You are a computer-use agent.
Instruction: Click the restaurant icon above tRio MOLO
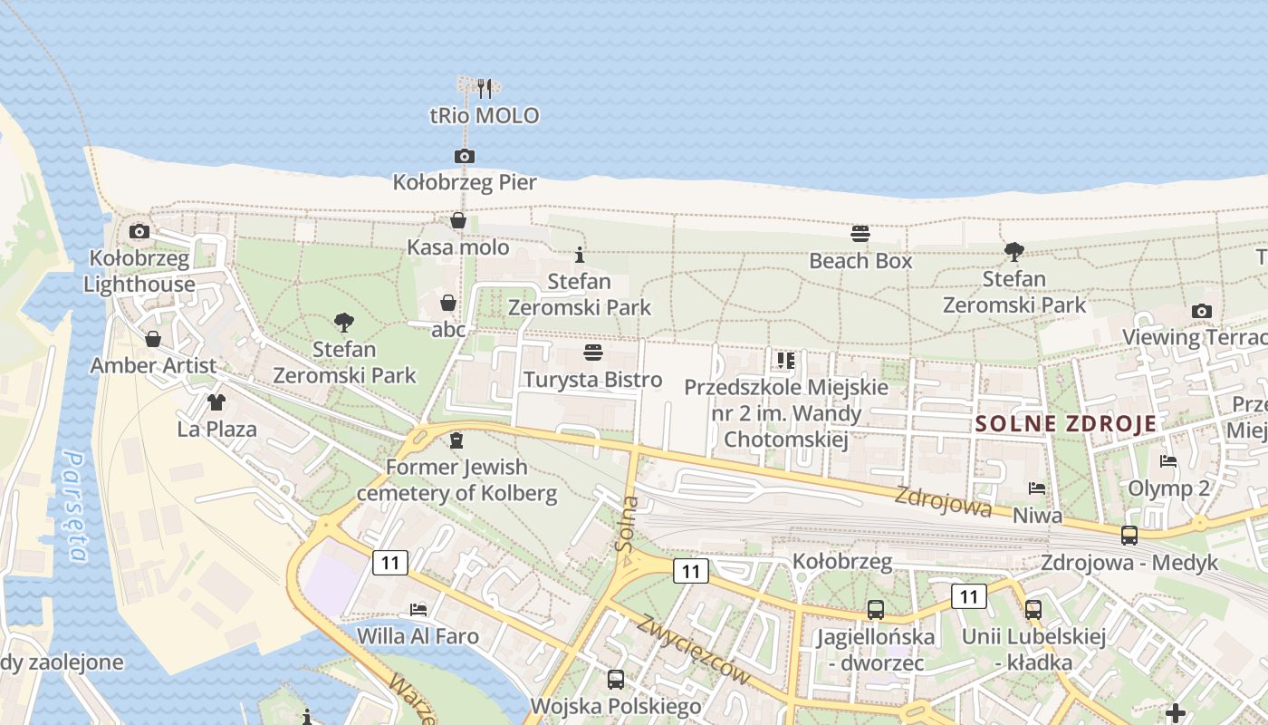point(485,89)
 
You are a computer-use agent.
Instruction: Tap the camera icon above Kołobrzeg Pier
point(464,156)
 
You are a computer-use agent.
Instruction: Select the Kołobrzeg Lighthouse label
point(139,271)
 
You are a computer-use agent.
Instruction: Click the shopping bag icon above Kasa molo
point(458,220)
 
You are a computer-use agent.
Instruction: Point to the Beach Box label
point(860,261)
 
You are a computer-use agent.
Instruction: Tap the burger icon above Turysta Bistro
point(593,353)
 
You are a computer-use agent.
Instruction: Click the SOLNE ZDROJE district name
point(1066,423)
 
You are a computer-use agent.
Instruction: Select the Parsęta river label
point(75,507)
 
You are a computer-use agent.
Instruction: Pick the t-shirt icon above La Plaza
point(216,402)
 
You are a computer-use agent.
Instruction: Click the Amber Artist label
point(153,366)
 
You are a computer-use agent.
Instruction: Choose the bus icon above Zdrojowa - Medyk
point(1129,535)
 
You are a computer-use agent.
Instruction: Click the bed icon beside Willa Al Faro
point(418,609)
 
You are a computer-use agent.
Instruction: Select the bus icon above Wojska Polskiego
point(616,679)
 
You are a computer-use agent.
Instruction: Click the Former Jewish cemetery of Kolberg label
point(456,480)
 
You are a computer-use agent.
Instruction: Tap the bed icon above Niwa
point(1037,488)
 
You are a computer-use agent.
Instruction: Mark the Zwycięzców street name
point(695,650)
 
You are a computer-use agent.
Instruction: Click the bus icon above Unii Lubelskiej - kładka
point(1033,609)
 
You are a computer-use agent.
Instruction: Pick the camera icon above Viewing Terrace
point(1202,311)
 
